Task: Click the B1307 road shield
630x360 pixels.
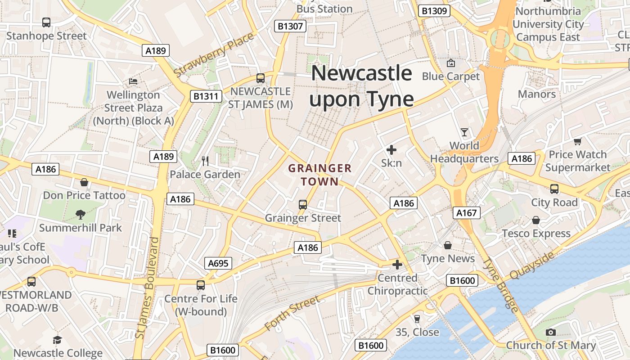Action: tap(290, 26)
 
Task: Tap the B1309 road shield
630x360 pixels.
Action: tap(434, 11)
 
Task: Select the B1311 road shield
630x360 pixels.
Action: tap(206, 96)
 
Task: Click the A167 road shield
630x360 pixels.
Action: tap(466, 213)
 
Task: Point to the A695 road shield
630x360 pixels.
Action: tap(218, 264)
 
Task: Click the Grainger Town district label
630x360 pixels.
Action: tap(319, 175)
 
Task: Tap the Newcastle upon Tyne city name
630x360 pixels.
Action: tap(362, 86)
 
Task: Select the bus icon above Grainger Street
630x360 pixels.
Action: tap(303, 205)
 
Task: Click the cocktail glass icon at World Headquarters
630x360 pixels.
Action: tap(464, 132)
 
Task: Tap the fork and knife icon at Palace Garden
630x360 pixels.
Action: tap(205, 161)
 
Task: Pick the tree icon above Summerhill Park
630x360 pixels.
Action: tap(81, 214)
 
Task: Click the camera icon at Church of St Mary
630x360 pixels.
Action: tap(550, 332)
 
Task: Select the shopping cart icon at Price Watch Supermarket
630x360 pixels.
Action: tap(578, 141)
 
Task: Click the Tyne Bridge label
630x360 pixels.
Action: tap(500, 285)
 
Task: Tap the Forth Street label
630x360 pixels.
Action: tap(292, 313)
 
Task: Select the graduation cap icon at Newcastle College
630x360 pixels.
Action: tap(57, 340)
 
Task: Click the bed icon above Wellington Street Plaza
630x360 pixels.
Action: tap(133, 81)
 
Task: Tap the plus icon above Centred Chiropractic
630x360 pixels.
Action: tap(397, 265)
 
